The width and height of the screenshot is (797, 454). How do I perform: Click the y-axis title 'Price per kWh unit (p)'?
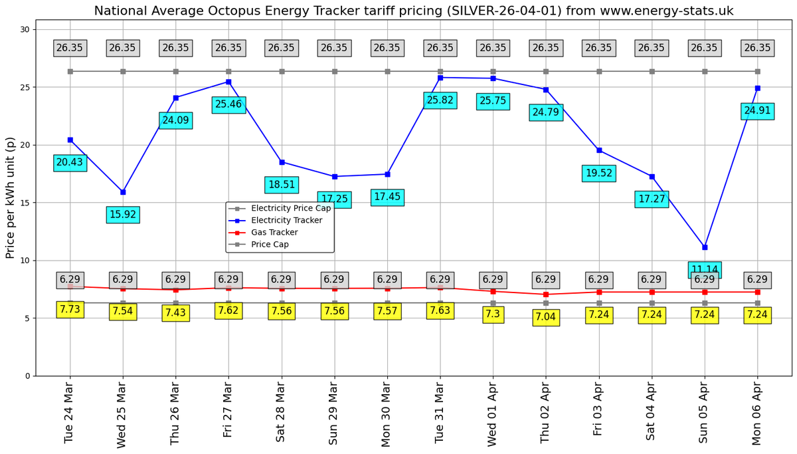pos(10,198)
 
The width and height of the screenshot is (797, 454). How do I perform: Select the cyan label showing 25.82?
pos(440,100)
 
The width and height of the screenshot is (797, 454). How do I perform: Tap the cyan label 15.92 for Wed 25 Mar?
pos(123,215)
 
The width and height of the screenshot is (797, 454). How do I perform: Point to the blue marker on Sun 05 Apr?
pos(705,247)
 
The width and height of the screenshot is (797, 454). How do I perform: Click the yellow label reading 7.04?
pos(545,317)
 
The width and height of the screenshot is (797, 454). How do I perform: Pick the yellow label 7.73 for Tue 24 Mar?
pos(70,309)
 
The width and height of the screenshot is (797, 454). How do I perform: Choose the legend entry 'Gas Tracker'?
pos(274,233)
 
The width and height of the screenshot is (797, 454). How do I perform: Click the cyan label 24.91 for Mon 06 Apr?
pos(757,111)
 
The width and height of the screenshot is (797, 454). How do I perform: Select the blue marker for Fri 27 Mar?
pos(228,82)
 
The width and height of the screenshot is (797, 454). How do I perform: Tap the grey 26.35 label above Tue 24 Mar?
pos(70,48)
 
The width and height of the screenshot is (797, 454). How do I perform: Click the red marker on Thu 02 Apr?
pos(546,294)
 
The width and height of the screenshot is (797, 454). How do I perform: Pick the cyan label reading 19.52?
pos(598,173)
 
